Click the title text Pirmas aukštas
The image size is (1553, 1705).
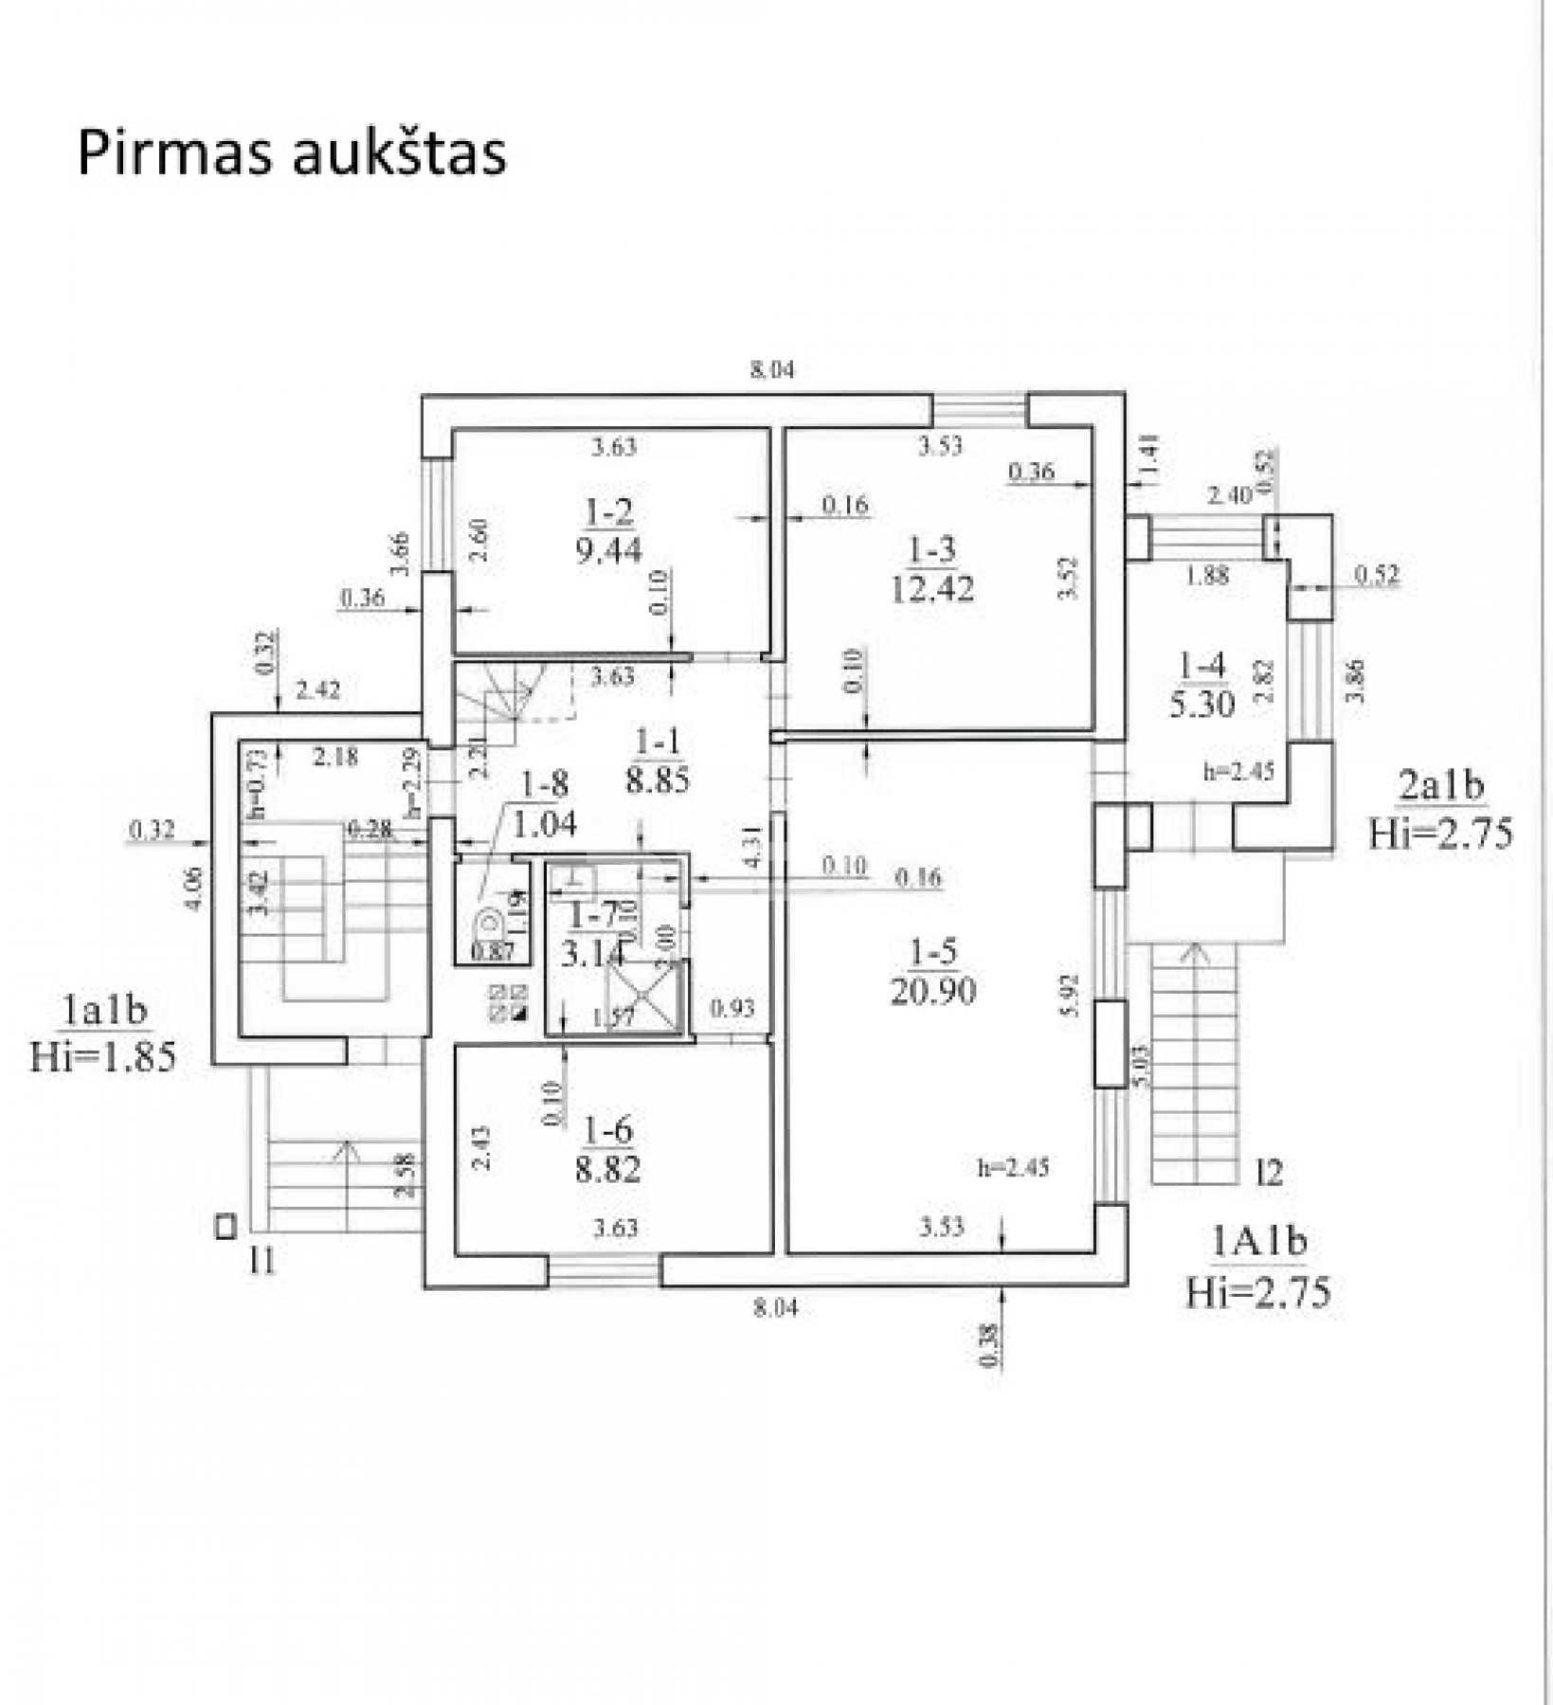pos(292,153)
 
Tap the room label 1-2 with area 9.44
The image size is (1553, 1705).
pos(609,532)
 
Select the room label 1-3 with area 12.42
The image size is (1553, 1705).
pos(932,569)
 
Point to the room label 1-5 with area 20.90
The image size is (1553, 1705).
pos(933,972)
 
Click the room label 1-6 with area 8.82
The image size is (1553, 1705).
pos(608,1151)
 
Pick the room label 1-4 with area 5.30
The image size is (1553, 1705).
pos(1201,686)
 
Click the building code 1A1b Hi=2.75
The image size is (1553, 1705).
pos(1259,1267)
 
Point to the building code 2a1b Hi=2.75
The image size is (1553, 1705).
pos(1441,810)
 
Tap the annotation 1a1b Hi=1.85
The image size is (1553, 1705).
pos(103,1034)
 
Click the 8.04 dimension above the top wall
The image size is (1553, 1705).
pos(772,370)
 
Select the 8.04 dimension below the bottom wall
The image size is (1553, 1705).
pos(775,1309)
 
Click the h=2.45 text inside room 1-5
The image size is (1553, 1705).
pos(1014,1168)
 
